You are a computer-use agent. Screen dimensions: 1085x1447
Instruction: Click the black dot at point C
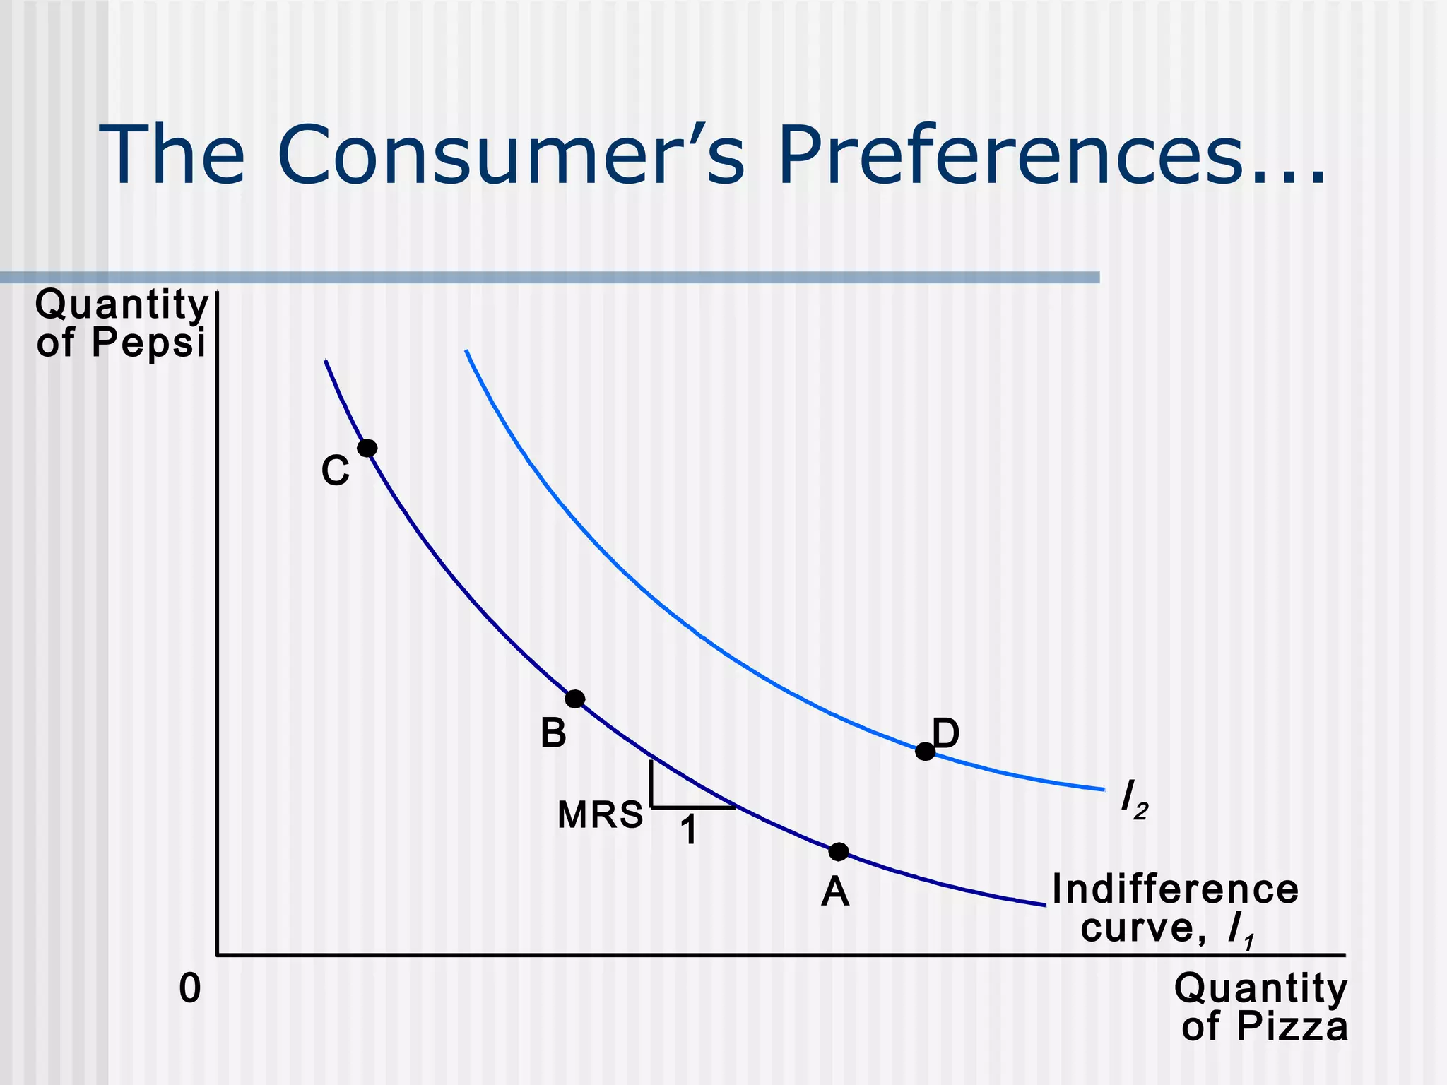tap(367, 448)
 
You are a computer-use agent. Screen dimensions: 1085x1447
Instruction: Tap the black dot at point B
tap(575, 699)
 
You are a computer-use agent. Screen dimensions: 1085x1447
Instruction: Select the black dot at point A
tap(839, 852)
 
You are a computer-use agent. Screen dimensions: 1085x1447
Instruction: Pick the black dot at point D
tap(925, 752)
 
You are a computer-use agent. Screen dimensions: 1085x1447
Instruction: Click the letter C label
tap(335, 470)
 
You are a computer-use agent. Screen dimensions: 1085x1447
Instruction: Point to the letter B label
tap(553, 733)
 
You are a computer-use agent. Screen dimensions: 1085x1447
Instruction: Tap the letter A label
tap(835, 891)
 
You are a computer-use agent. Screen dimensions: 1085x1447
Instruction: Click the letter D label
tap(946, 733)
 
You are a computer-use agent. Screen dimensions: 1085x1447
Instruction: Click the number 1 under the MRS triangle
tap(689, 830)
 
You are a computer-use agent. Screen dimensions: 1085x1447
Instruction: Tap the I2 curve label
tap(1134, 799)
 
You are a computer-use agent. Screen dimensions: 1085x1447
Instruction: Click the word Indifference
tap(1175, 889)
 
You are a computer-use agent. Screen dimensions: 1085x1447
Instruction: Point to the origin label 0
tap(190, 988)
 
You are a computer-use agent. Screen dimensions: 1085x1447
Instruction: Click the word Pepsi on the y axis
tap(148, 343)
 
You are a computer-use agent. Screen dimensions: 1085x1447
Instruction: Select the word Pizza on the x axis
tap(1292, 1026)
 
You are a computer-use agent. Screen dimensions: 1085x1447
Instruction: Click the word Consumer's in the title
tap(510, 155)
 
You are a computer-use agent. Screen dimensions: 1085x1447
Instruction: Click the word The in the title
tap(172, 155)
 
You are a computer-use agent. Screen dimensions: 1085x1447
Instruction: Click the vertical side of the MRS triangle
tap(651, 783)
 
